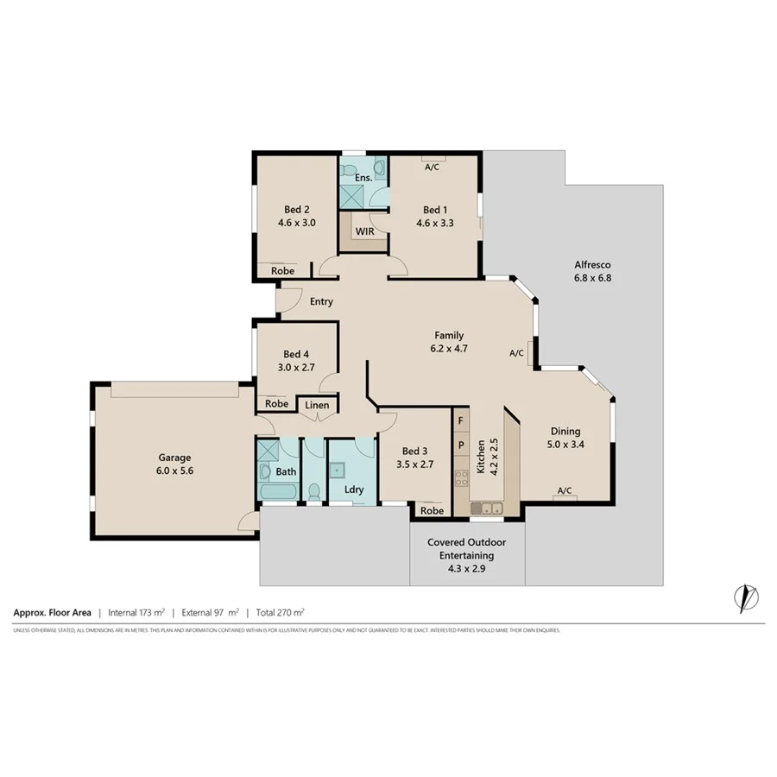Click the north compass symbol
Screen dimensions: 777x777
click(744, 597)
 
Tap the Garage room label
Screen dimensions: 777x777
click(174, 458)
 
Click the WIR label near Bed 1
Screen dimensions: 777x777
click(363, 232)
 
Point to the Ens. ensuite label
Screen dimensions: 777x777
click(363, 178)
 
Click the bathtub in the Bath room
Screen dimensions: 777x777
click(278, 493)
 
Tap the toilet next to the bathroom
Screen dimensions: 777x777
click(314, 492)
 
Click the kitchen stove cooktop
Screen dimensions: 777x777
click(461, 476)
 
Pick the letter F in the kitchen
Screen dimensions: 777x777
click(461, 420)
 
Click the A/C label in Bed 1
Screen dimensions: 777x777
click(432, 167)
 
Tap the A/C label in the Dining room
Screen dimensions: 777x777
click(565, 490)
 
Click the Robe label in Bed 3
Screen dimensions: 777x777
click(432, 510)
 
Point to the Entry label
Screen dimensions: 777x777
click(321, 302)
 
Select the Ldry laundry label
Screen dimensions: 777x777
click(353, 490)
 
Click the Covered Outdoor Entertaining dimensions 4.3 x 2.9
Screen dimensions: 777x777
click(466, 569)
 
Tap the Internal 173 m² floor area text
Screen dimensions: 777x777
click(136, 612)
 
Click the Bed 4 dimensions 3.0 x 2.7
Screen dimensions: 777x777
click(295, 368)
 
